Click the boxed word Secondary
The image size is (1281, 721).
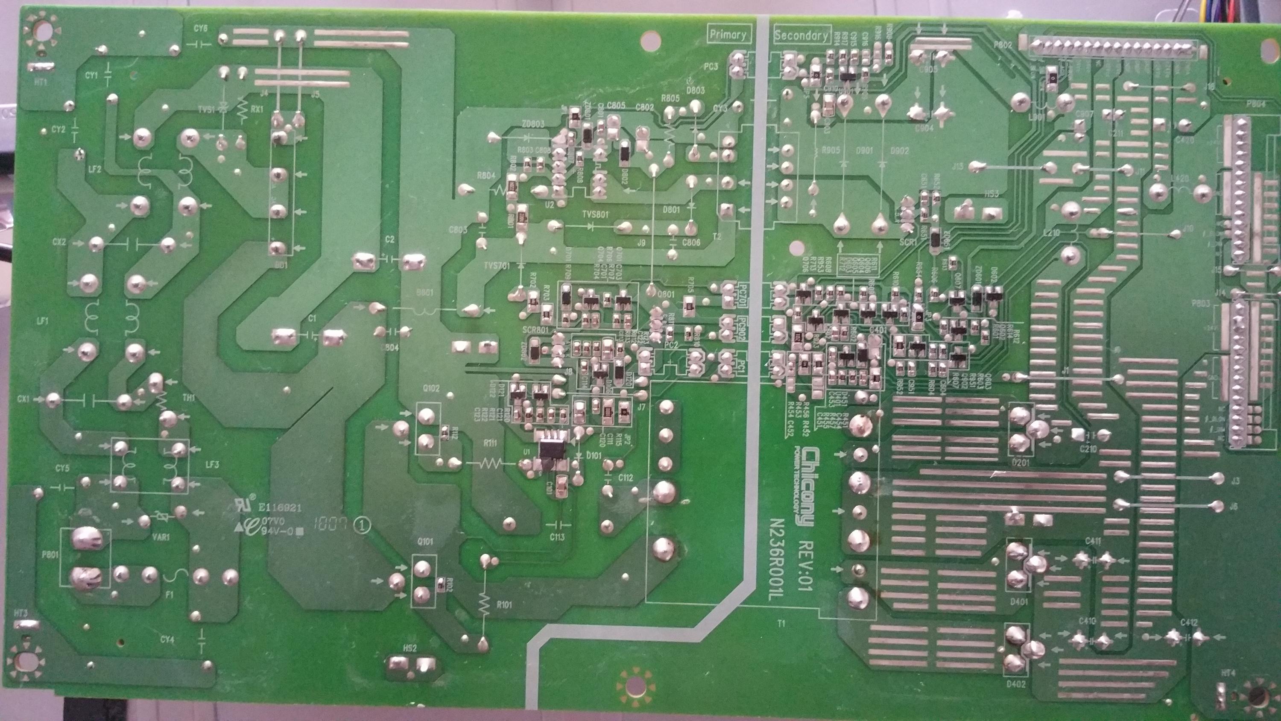[x=801, y=35]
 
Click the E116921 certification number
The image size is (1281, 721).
[x=280, y=508]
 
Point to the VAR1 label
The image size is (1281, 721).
[x=161, y=537]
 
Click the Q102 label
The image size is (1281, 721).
[x=431, y=388]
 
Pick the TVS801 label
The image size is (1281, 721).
[x=595, y=214]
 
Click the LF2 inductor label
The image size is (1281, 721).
[x=95, y=169]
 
